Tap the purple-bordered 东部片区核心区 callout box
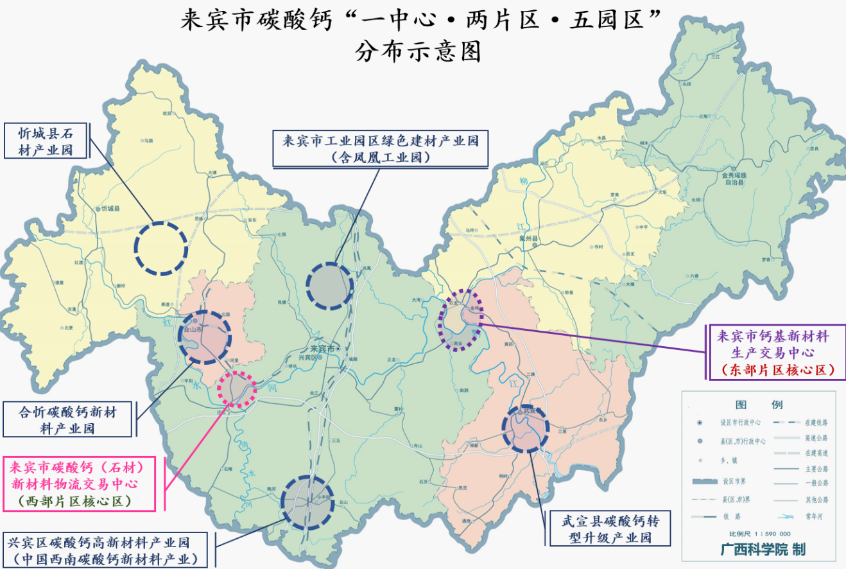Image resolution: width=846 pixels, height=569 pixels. pyautogui.click(x=777, y=353)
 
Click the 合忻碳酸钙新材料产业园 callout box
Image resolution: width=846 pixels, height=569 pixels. pyautogui.click(x=68, y=419)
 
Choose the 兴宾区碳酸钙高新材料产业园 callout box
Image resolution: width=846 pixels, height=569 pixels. pyautogui.click(x=106, y=550)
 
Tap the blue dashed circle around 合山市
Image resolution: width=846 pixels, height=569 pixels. pyautogui.click(x=204, y=337)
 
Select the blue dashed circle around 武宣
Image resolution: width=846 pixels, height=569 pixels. pyautogui.click(x=526, y=428)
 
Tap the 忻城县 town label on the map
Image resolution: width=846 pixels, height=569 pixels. pyautogui.click(x=110, y=209)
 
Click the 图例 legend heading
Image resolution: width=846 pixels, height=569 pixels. pyautogui.click(x=758, y=405)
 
